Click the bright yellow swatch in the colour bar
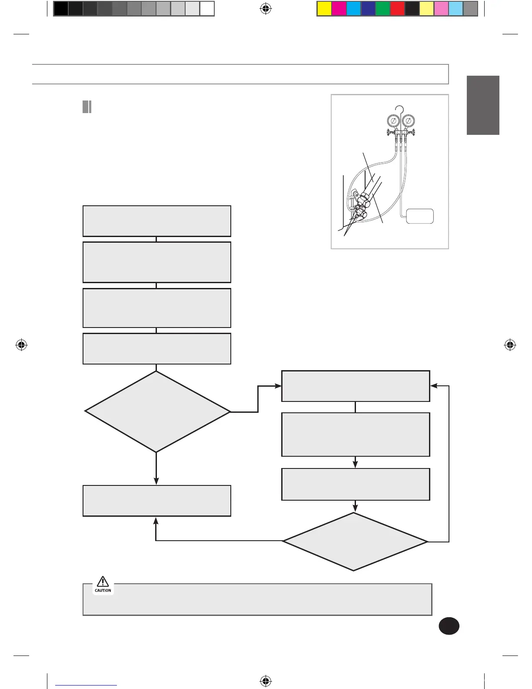coord(324,9)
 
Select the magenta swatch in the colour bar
coord(339,9)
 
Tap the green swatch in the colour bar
coord(382,9)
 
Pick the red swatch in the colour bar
coord(397,9)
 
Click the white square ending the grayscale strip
coord(207,9)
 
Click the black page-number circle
coord(449,626)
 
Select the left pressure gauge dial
coord(393,121)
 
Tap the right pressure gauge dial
coord(408,121)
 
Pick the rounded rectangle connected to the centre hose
coord(420,216)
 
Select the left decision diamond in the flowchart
coord(157,411)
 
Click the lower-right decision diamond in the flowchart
coord(355,542)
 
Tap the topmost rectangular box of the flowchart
coord(157,221)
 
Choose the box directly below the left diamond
coord(157,501)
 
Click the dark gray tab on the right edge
coord(483,105)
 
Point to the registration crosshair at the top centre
coord(266,9)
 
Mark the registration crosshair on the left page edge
coord(21,345)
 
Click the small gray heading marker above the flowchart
coord(87,107)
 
